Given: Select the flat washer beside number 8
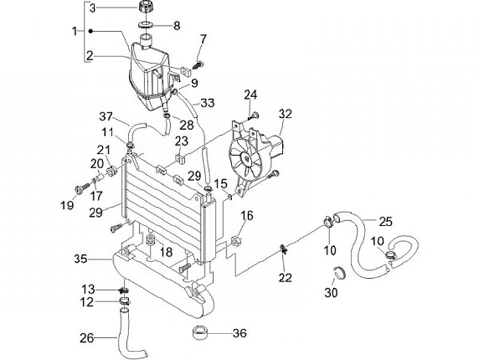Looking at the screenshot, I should click(146, 26).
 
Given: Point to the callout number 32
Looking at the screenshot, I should click(285, 114).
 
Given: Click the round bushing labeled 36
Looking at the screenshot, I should click(200, 332).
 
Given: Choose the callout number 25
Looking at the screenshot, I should click(386, 221).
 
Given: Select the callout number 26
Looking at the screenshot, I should click(86, 337).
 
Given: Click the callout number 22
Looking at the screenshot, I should click(285, 277).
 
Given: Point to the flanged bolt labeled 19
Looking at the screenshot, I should click(82, 188).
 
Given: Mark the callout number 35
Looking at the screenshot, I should click(81, 258).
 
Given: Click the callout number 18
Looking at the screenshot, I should click(166, 252).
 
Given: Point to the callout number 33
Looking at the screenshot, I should click(208, 103).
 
